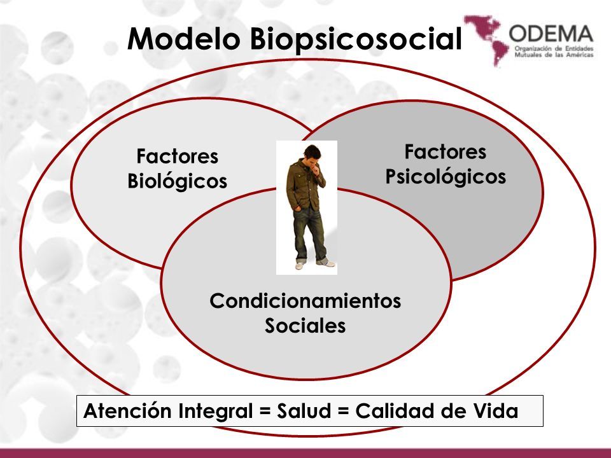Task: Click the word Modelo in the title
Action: (183, 38)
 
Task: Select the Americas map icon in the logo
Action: (486, 39)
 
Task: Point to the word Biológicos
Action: (178, 181)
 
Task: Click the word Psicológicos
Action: (446, 176)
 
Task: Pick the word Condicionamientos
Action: (305, 301)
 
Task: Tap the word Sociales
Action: (305, 325)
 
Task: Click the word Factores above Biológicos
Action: (178, 156)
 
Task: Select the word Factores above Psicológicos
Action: (446, 151)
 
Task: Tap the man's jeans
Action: (309, 233)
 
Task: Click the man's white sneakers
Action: (315, 265)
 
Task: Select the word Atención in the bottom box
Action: (127, 410)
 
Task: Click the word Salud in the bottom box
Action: (304, 411)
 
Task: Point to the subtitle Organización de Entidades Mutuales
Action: (554, 52)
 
